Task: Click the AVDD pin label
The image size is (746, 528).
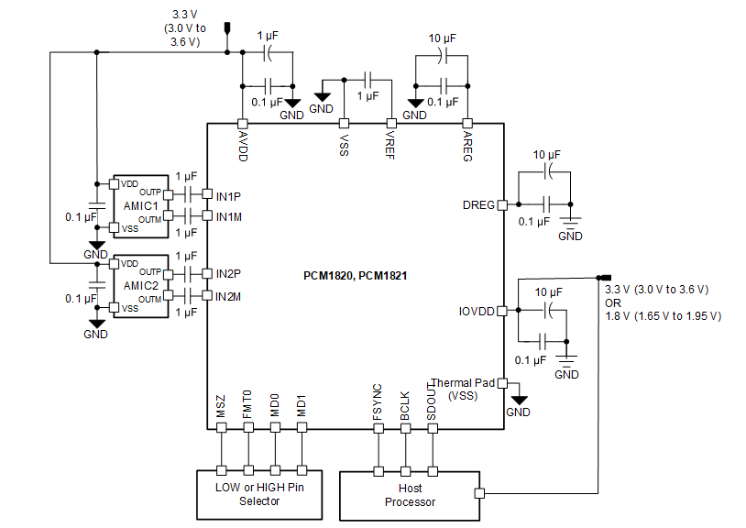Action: coord(244,145)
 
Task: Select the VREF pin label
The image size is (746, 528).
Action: coord(391,144)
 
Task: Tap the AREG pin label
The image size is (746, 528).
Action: coord(466,145)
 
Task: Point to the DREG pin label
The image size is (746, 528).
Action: coord(478,205)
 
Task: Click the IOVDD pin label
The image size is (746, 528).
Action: coord(477,311)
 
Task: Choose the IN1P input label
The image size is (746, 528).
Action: coord(229,195)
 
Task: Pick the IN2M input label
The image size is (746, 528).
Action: coord(229,296)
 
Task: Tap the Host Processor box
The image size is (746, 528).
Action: coord(410,495)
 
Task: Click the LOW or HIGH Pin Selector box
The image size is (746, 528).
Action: coord(259,494)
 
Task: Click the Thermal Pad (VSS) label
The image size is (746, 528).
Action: coord(464,389)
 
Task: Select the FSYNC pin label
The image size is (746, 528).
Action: coord(378,408)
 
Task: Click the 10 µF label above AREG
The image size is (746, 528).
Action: coord(443,38)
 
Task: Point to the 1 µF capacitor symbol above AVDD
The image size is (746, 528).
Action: coord(268,53)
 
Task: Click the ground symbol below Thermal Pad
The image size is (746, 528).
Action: coord(519,400)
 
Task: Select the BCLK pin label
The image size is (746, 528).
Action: coord(405,408)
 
